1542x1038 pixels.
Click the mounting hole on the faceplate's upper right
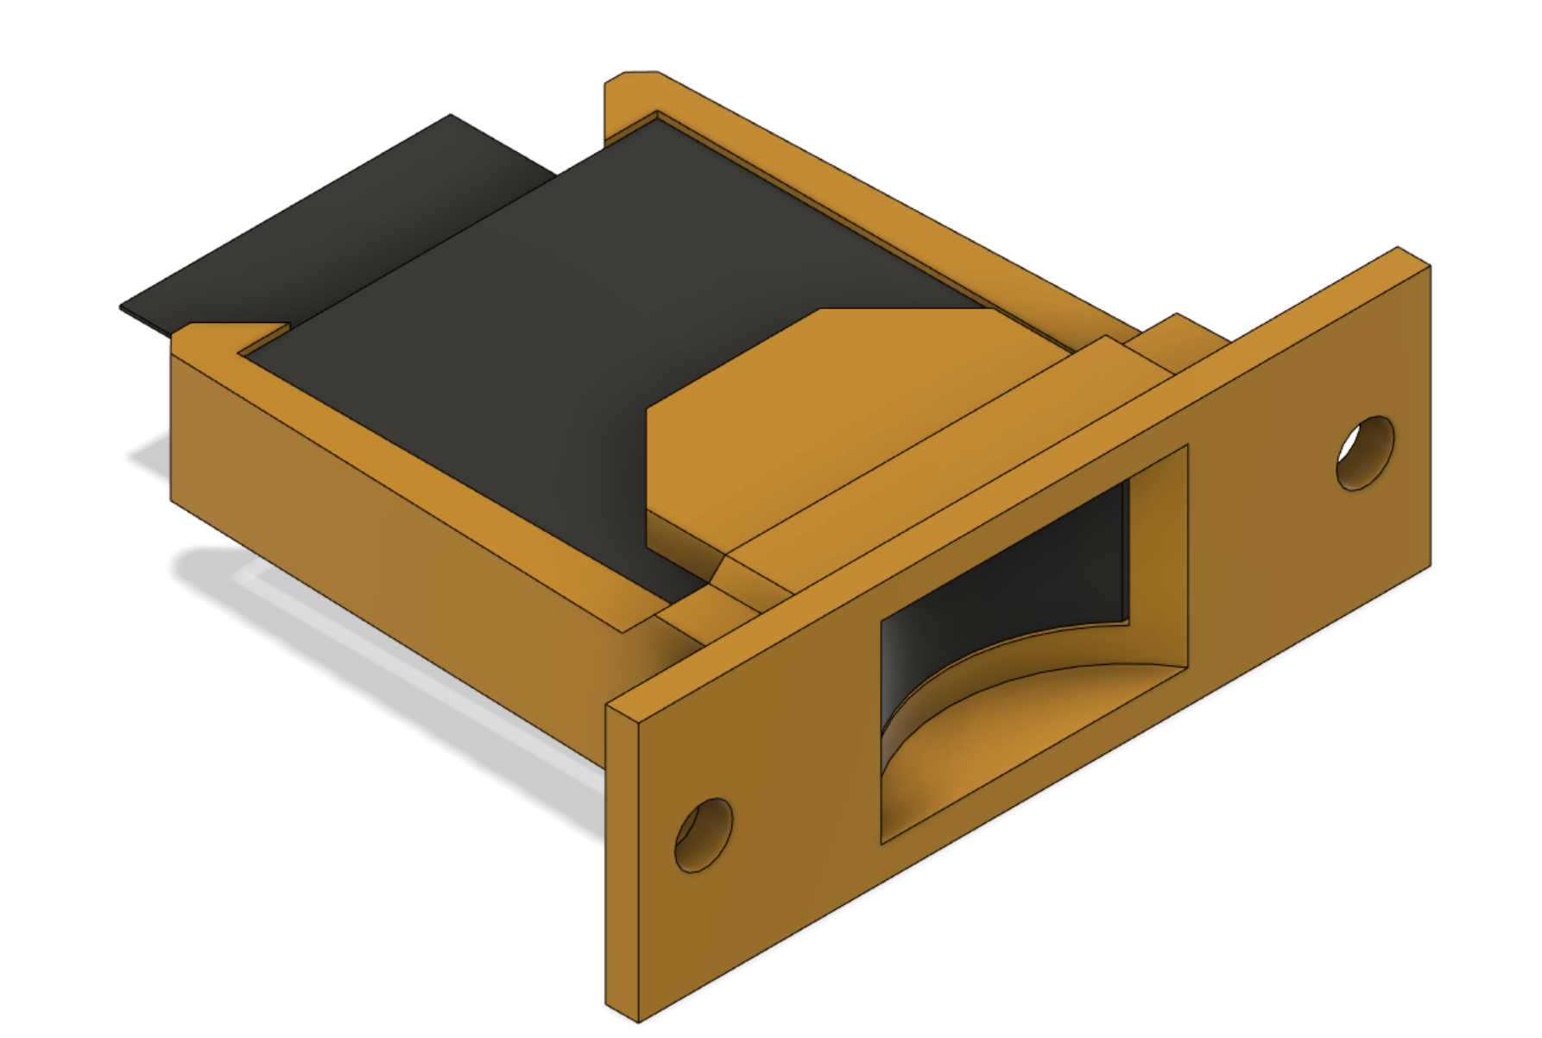click(x=1365, y=453)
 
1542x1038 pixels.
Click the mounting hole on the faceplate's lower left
click(x=704, y=835)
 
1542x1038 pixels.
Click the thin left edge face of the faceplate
click(x=622, y=864)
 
